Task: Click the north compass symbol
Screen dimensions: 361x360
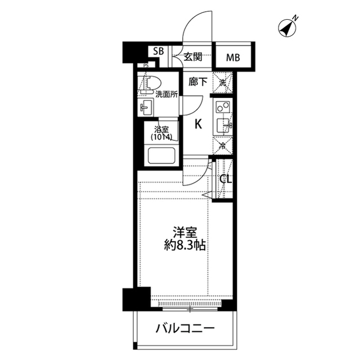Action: click(287, 28)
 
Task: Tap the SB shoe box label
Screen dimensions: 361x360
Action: click(159, 51)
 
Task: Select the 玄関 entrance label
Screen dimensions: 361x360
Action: click(193, 57)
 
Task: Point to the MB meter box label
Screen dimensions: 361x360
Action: click(233, 57)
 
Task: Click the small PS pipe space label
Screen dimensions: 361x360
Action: click(146, 65)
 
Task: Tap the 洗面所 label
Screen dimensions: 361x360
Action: click(166, 94)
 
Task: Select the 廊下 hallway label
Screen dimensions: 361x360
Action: click(198, 82)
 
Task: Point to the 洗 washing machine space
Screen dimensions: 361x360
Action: click(222, 82)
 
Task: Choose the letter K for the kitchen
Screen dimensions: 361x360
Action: click(198, 125)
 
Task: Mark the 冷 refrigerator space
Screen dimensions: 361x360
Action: click(223, 146)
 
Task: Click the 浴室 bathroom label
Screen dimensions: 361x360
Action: click(161, 130)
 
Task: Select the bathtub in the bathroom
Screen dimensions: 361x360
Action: click(161, 155)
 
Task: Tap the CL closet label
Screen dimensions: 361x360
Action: click(226, 179)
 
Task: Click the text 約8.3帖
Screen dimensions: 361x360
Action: click(185, 246)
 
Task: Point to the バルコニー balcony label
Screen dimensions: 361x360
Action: click(185, 328)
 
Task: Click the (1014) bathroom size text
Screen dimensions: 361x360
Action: click(161, 137)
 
